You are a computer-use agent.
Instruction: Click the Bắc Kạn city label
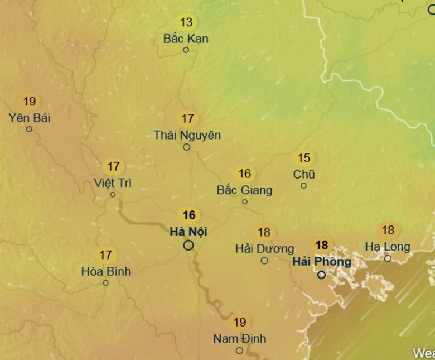[186, 39]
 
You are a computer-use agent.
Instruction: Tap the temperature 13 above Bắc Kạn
[186, 22]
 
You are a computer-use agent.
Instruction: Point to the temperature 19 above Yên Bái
[30, 102]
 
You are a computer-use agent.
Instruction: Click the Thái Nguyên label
[187, 135]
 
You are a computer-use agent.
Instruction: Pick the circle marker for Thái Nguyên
[187, 147]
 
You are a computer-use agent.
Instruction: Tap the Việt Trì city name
[113, 183]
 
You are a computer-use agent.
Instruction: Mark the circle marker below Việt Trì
[113, 195]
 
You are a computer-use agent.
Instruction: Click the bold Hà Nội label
[188, 231]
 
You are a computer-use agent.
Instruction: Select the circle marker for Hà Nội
[188, 244]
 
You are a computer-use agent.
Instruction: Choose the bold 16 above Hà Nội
[189, 215]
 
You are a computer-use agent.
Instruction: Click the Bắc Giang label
[244, 190]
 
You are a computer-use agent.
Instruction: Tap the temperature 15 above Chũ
[304, 159]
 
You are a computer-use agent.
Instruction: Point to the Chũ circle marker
[304, 185]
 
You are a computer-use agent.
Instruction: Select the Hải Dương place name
[264, 248]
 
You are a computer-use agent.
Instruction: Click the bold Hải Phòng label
[322, 261]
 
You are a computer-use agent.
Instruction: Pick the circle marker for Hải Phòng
[322, 275]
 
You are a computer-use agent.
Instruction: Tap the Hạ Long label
[388, 246]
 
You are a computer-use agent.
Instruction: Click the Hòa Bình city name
[106, 271]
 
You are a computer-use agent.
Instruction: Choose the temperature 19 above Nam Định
[239, 323]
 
